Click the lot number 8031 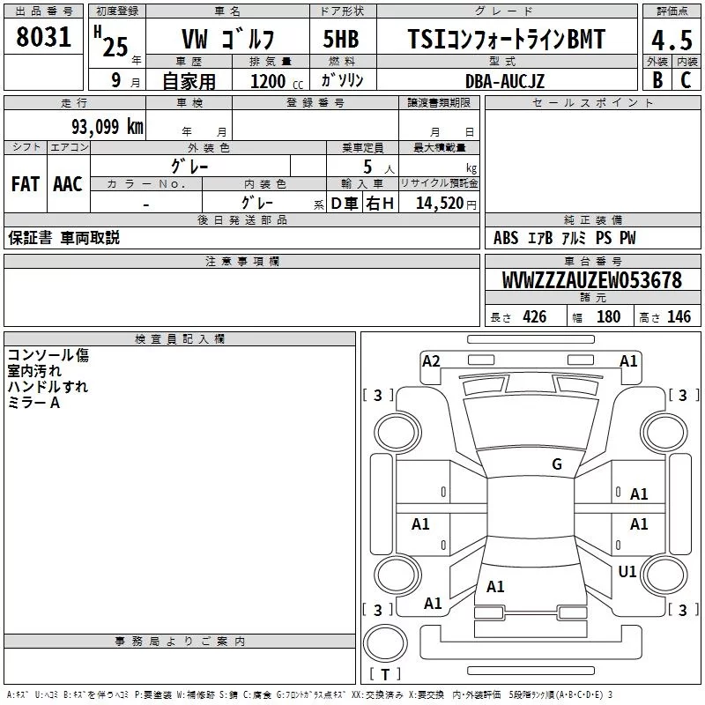point(43,37)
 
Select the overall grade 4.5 point(672,41)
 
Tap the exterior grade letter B point(657,80)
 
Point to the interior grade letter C point(686,80)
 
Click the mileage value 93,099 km point(108,127)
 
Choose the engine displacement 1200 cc point(277,81)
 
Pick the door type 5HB point(341,39)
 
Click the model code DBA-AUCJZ point(505,81)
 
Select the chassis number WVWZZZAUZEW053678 point(592,280)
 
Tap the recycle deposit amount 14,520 point(440,204)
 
